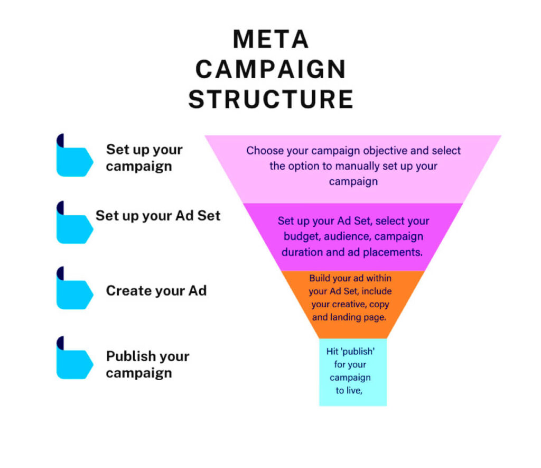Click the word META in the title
tap(270, 40)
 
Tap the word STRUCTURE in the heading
tap(270, 99)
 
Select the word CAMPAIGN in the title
tap(270, 69)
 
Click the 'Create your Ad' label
tap(156, 290)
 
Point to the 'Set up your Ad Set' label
tap(158, 216)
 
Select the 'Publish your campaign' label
tap(147, 364)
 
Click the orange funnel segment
tap(352, 304)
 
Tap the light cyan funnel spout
tap(352, 372)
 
